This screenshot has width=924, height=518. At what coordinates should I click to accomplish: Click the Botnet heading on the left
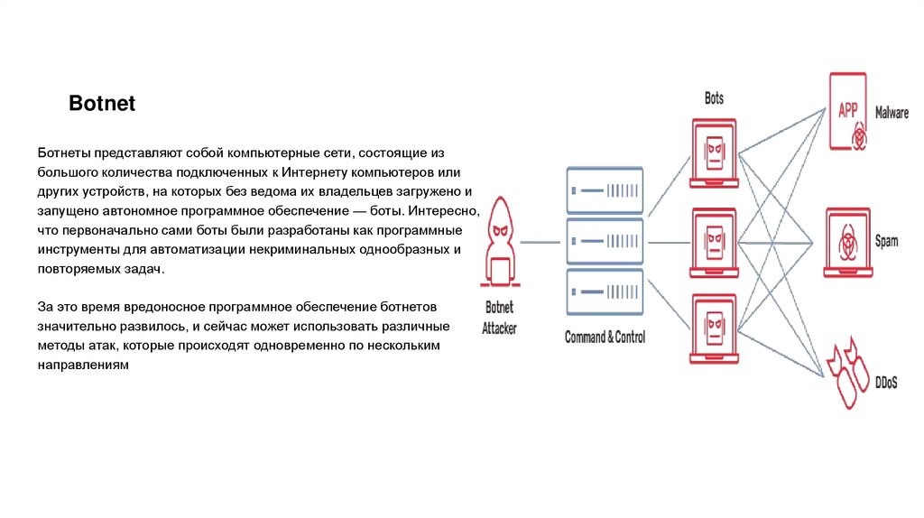click(x=102, y=104)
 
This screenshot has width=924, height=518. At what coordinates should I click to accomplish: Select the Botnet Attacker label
click(x=499, y=317)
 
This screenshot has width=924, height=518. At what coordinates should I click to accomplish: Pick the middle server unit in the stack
click(x=604, y=241)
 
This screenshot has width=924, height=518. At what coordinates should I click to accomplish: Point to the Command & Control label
click(x=604, y=338)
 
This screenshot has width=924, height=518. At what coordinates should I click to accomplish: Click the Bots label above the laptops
click(x=714, y=98)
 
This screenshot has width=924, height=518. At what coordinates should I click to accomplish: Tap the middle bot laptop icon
click(x=714, y=242)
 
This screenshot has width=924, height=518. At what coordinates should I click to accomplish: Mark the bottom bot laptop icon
click(x=714, y=327)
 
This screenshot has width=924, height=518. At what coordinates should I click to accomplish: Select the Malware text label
click(x=892, y=114)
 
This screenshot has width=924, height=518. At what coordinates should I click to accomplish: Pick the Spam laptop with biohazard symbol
click(x=848, y=243)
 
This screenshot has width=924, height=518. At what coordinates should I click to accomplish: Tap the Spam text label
click(x=886, y=242)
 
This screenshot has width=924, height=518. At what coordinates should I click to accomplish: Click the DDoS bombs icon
click(x=847, y=371)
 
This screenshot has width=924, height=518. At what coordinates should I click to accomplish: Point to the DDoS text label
click(x=885, y=383)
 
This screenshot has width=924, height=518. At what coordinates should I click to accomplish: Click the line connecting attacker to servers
click(x=541, y=242)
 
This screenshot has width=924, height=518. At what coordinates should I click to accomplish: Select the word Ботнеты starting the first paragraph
click(x=68, y=154)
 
